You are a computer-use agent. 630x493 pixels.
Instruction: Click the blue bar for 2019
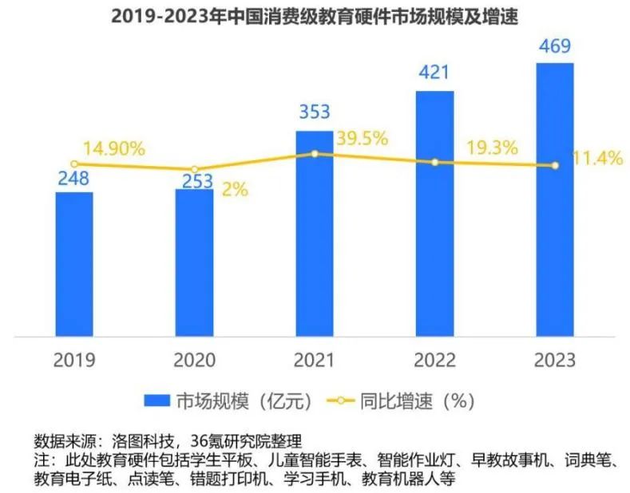(x=74, y=263)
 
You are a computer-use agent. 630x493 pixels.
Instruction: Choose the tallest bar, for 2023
(x=555, y=199)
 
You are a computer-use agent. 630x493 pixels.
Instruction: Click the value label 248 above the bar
(x=74, y=179)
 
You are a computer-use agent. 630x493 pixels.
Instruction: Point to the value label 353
(x=314, y=112)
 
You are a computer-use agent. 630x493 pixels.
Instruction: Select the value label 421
(x=435, y=72)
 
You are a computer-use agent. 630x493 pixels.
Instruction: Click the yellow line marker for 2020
(x=194, y=169)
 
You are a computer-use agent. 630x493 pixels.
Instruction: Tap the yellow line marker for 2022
(x=435, y=162)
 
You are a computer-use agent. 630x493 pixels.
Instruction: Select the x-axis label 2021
(x=314, y=360)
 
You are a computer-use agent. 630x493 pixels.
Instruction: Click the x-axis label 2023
(x=555, y=360)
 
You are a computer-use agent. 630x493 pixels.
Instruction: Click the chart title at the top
(x=314, y=16)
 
